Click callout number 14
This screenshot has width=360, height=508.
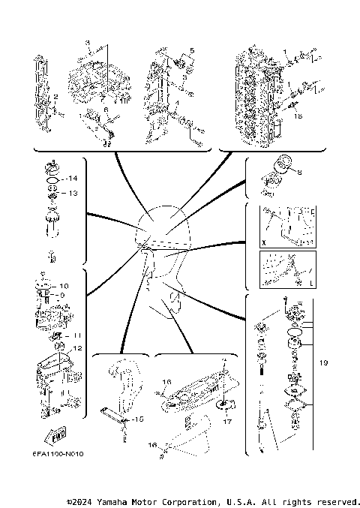coord(73,179)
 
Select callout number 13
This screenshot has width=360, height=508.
coord(73,193)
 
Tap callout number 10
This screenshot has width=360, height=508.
coord(64,286)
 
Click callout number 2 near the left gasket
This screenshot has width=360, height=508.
coord(55,97)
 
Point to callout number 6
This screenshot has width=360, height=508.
coord(106,110)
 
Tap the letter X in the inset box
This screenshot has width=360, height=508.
coord(263,244)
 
